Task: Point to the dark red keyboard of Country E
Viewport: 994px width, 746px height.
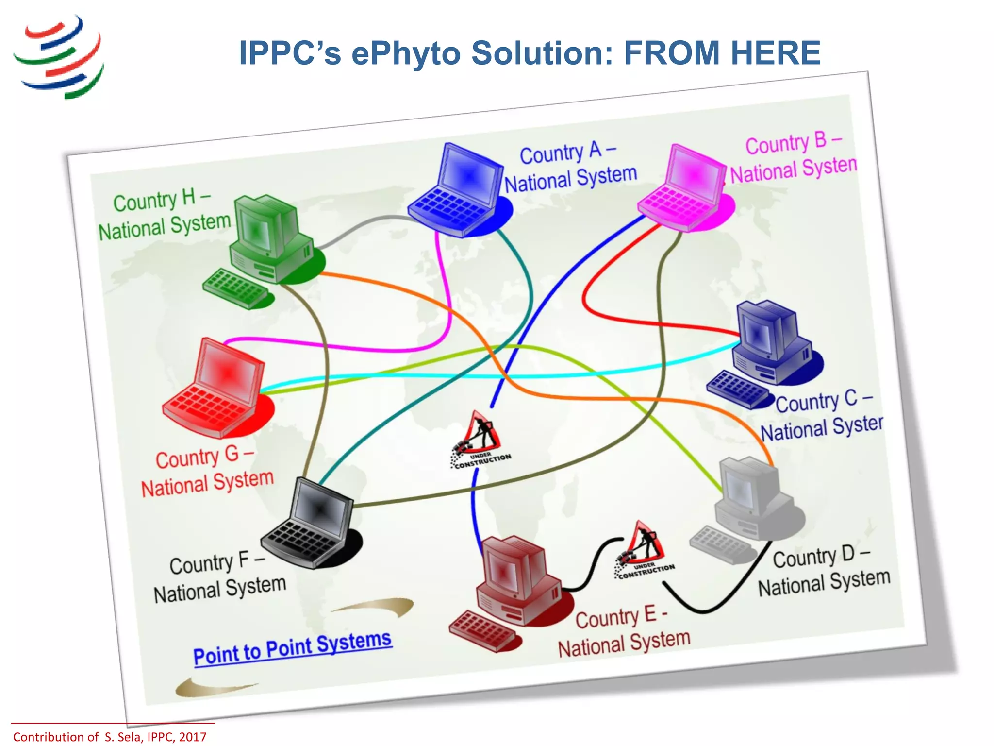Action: (482, 630)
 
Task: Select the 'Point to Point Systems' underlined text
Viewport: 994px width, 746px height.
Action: (292, 648)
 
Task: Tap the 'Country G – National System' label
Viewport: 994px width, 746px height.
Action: (207, 471)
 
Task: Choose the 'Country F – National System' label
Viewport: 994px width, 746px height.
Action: (219, 578)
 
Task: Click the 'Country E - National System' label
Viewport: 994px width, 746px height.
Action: (624, 631)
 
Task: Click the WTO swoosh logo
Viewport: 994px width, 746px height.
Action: (59, 57)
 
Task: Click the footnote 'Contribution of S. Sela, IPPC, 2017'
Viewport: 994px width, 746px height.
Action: (110, 737)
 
